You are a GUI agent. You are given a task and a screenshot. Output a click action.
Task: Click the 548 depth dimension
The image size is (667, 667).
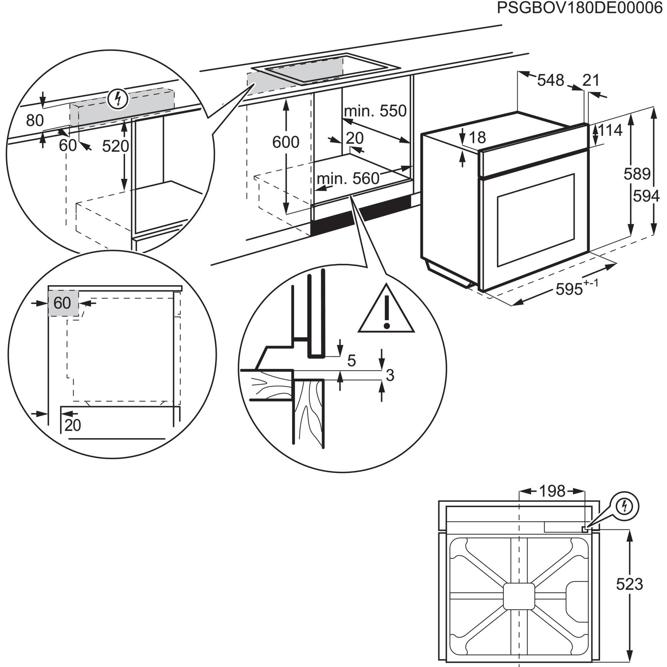click(550, 80)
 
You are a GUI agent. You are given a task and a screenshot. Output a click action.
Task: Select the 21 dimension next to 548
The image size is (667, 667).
click(591, 80)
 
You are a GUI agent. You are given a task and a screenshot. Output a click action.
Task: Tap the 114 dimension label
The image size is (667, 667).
click(610, 130)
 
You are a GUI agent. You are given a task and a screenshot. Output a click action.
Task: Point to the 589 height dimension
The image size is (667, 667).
click(637, 174)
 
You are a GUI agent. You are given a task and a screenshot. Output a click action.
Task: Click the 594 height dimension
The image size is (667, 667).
click(646, 196)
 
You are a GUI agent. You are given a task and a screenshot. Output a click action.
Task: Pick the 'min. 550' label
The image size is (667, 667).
click(375, 111)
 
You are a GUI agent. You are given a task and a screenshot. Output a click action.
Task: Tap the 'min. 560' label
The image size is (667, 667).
click(348, 178)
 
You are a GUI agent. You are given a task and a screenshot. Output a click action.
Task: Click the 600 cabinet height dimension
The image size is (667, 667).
click(285, 142)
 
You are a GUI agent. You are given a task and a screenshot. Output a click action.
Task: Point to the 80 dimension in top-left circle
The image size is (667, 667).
click(35, 120)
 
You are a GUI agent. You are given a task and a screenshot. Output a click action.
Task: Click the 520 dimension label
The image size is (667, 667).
click(115, 146)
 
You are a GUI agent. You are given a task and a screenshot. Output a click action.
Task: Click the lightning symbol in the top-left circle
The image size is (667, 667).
click(118, 99)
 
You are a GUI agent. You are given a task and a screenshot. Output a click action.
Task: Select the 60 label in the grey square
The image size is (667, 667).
click(62, 303)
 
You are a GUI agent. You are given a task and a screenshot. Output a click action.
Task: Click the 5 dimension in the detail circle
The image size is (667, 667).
click(351, 361)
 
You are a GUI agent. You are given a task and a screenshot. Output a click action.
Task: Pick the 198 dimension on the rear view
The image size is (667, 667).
click(552, 491)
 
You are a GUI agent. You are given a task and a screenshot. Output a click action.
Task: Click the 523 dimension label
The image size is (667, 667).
click(629, 584)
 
